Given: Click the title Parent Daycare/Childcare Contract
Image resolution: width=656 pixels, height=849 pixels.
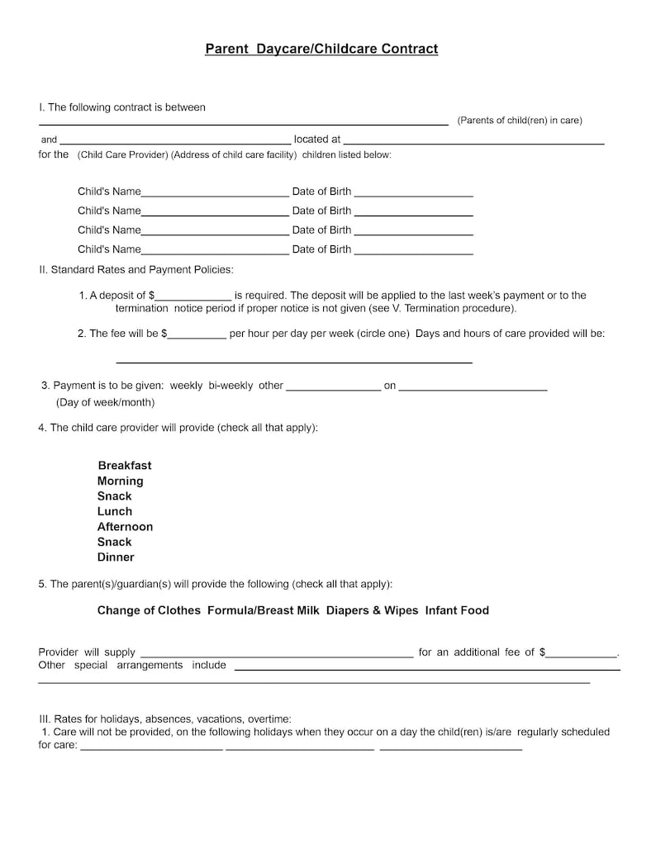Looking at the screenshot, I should (321, 49).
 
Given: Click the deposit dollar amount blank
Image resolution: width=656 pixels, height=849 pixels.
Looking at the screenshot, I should (193, 296).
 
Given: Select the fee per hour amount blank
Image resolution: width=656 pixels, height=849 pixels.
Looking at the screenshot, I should (197, 335).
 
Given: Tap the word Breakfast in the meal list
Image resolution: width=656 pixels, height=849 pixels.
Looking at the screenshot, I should (125, 465).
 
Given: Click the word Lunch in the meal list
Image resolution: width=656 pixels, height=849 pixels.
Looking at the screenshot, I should (115, 511).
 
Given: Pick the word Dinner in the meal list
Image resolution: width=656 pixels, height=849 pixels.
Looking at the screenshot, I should (116, 557).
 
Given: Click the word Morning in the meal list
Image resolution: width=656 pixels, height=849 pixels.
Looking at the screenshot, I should (121, 481).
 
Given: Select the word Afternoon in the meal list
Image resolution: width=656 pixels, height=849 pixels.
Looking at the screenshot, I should (126, 526).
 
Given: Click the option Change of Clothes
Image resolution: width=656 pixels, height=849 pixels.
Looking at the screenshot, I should (149, 610).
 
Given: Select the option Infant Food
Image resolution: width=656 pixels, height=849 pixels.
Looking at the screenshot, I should (457, 610).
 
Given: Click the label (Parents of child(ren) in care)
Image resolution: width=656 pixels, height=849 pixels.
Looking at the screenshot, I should (520, 121).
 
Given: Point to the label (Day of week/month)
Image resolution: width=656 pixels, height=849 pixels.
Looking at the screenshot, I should (105, 402).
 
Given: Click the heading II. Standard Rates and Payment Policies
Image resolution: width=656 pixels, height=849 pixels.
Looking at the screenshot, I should (136, 269).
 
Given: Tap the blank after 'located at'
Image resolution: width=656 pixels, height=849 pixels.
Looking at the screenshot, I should (473, 141).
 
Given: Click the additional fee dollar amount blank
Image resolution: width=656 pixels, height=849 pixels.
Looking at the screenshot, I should (582, 653).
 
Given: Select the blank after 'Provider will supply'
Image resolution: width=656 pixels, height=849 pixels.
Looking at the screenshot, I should (277, 653).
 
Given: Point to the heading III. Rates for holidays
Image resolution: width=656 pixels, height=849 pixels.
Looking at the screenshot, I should (165, 719).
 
